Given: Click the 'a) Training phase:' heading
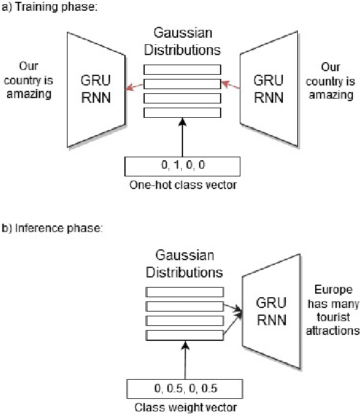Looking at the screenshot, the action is click(50, 7).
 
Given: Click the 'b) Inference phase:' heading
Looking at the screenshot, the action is click(52, 228).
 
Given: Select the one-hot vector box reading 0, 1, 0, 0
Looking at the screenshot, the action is click(182, 166).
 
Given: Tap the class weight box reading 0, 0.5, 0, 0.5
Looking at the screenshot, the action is click(185, 389).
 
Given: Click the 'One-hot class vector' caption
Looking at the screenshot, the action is click(183, 185).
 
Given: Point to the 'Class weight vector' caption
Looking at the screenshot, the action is click(185, 408).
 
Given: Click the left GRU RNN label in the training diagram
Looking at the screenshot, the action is click(96, 89).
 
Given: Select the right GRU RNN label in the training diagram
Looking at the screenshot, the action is click(269, 89).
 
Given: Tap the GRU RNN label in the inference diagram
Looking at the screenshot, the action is click(271, 311).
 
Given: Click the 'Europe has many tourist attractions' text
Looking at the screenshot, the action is click(332, 310).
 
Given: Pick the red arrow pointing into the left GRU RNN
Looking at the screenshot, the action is click(135, 87).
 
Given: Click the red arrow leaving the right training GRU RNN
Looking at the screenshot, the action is click(230, 85).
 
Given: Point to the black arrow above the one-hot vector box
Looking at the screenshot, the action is click(182, 138).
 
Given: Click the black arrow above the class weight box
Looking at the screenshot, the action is click(185, 360).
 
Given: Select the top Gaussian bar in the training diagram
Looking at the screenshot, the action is click(182, 69).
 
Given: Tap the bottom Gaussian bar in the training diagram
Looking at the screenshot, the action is click(182, 112).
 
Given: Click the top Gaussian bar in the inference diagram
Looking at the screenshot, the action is click(185, 292).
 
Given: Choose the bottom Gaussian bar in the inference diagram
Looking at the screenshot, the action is click(185, 335).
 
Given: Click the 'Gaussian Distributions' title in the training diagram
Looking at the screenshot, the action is click(182, 41).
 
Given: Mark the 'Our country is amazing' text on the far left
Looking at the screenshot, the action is click(29, 80).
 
